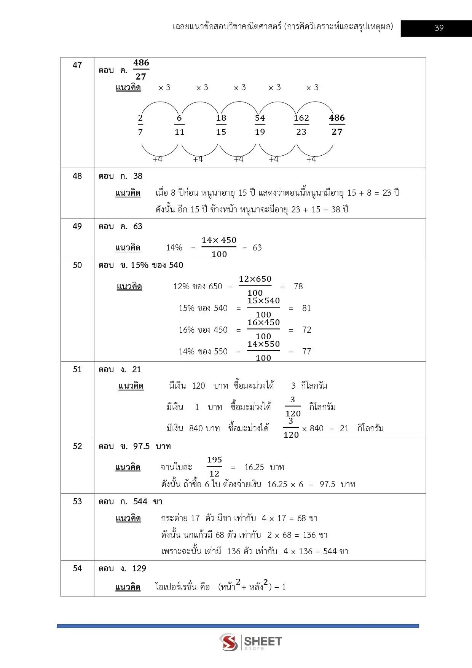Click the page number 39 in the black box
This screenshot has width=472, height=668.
439,28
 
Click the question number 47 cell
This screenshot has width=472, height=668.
77,65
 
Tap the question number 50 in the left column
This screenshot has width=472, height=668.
77,265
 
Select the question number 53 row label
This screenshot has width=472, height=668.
77,501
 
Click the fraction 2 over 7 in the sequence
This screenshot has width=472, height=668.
140,125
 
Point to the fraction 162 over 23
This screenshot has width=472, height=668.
301,125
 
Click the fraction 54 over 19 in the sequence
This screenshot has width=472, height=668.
260,125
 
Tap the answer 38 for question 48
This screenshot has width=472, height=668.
138,176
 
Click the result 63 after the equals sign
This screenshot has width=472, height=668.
257,248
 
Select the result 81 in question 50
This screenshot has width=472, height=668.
306,308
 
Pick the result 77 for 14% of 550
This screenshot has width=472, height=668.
307,352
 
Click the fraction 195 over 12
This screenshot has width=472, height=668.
214,467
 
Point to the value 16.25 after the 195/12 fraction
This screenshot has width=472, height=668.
254,467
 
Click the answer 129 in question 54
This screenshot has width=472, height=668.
139,569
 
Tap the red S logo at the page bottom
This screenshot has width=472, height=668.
229,642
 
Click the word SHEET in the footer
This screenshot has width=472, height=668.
263,641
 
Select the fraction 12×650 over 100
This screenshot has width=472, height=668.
255,286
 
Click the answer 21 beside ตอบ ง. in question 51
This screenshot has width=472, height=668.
137,370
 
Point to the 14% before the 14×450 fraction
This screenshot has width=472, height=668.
174,248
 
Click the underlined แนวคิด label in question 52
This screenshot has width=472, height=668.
128,467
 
